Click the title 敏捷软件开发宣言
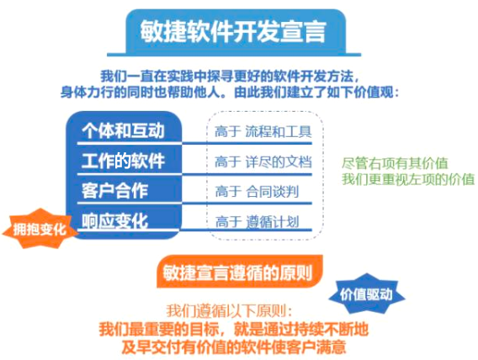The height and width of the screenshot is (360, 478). (233, 31)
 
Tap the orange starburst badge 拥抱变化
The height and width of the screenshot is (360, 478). (40, 229)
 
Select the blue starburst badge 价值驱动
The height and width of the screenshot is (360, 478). (366, 294)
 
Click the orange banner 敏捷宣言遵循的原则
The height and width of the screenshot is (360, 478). (239, 272)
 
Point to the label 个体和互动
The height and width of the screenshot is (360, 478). (123, 131)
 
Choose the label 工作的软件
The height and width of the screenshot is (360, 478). (123, 161)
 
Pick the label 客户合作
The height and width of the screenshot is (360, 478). (114, 191)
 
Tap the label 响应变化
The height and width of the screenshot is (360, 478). (114, 220)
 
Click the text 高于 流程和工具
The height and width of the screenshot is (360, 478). (263, 132)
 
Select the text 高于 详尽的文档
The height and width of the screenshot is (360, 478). (263, 161)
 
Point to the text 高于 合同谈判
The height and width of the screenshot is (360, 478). (257, 192)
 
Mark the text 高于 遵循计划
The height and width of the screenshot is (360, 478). (257, 221)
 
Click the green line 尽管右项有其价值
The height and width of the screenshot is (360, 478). (395, 163)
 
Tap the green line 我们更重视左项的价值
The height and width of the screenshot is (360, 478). (408, 179)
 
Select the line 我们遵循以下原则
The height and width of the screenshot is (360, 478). (230, 311)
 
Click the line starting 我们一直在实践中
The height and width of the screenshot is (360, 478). (230, 76)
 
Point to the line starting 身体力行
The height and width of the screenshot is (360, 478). (230, 92)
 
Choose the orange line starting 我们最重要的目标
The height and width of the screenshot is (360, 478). (233, 329)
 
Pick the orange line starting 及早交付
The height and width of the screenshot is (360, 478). (233, 347)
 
